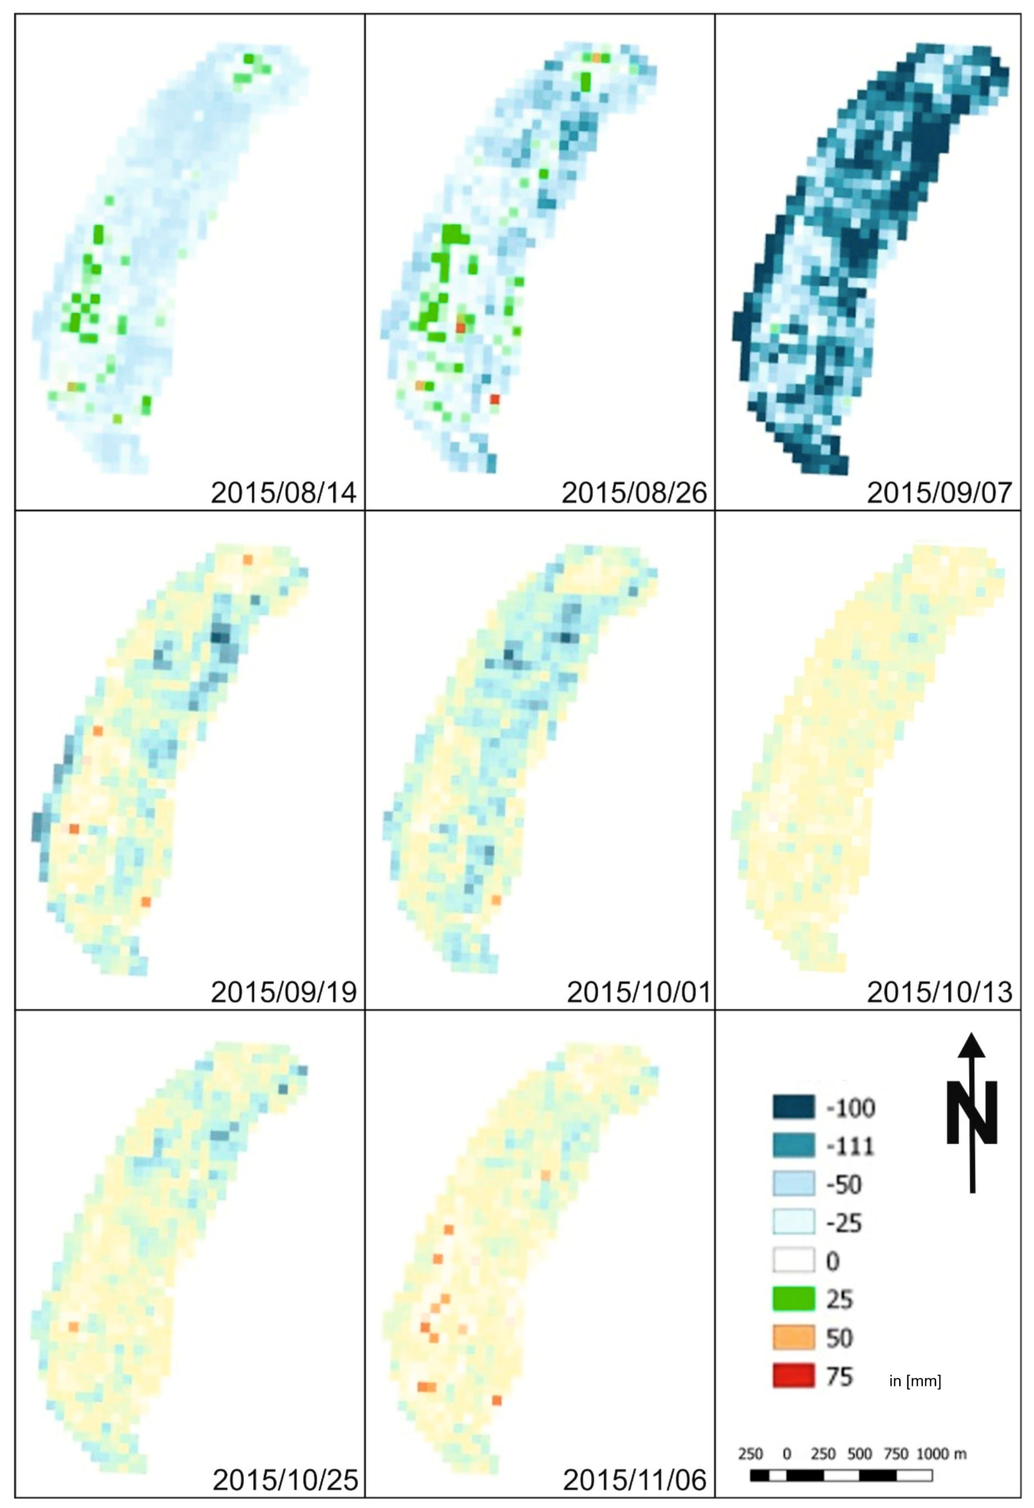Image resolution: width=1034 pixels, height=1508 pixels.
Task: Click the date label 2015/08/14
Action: point(284,493)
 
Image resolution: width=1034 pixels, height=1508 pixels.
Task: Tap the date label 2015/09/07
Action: point(939,493)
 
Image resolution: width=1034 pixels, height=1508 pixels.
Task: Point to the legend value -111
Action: point(850,1147)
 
